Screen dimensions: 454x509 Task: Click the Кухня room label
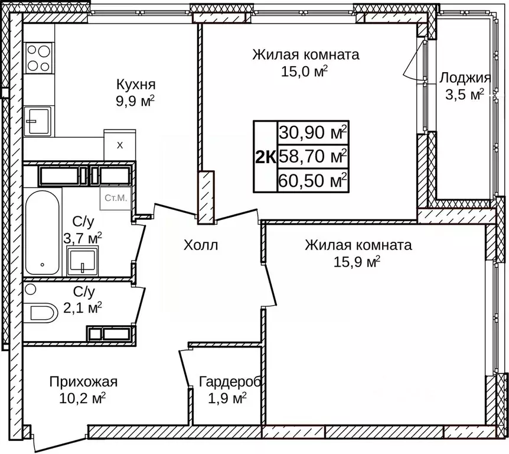pos(136,83)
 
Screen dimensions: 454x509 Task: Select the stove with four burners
pos(38,58)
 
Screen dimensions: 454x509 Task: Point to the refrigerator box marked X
pos(120,145)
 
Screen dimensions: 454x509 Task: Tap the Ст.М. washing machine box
pos(116,198)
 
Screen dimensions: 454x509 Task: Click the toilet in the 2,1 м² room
pos(41,312)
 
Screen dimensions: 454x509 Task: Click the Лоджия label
pos(465,78)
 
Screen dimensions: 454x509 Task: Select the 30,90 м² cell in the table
pos(313,133)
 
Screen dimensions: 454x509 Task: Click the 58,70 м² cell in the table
pos(313,157)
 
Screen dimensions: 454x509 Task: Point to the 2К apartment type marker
pos(265,157)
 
